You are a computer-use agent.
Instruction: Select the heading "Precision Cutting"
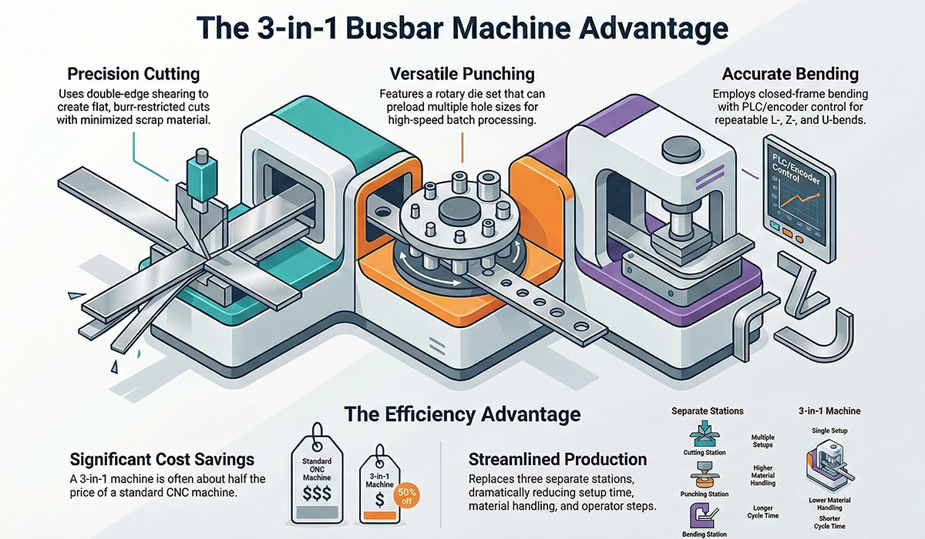[133, 75]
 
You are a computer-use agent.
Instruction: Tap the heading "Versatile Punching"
[462, 74]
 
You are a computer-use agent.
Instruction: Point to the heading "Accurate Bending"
[790, 75]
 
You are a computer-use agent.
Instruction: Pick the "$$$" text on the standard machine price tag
[316, 490]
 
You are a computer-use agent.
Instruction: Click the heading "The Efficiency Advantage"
[462, 414]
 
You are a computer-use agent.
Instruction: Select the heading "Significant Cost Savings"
[162, 460]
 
